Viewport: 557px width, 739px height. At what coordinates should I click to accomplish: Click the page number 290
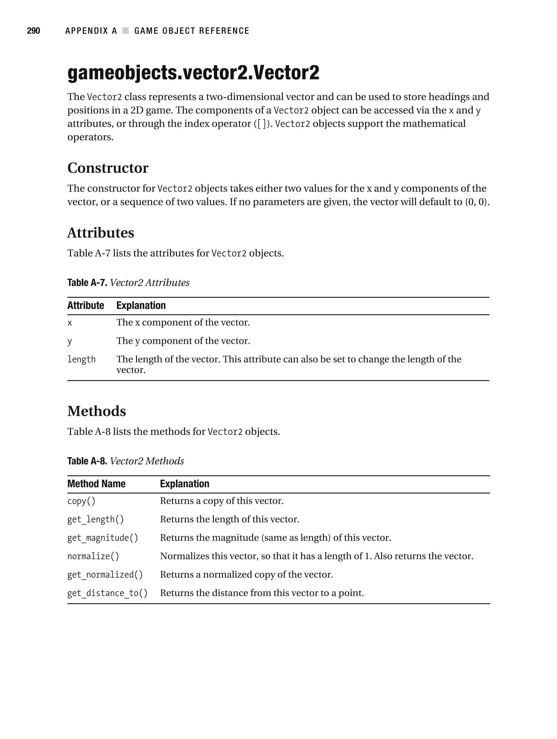tap(33, 31)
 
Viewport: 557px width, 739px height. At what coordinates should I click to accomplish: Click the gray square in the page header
tap(126, 31)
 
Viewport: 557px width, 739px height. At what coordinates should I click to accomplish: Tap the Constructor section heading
tap(108, 168)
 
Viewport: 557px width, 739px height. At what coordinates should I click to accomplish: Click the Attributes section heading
tap(101, 233)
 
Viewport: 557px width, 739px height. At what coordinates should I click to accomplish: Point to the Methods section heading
tap(97, 411)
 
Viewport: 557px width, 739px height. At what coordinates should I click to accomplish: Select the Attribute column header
tap(86, 305)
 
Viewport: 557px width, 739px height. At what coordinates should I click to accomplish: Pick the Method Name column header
tap(96, 484)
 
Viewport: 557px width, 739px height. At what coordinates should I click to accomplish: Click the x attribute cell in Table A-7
tap(70, 323)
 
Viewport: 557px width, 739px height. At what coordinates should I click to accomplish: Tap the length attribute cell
tap(82, 360)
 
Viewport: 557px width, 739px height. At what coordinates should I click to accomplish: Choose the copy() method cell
tap(81, 501)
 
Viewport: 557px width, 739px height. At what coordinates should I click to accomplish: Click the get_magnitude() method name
tap(103, 538)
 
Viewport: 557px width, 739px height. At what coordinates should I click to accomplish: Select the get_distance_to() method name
tap(107, 593)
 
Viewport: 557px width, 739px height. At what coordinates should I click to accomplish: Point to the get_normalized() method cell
tap(105, 575)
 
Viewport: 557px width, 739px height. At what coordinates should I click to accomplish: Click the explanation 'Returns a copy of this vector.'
tap(222, 501)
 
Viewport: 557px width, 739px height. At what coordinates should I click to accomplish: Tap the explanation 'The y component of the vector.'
tap(183, 341)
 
